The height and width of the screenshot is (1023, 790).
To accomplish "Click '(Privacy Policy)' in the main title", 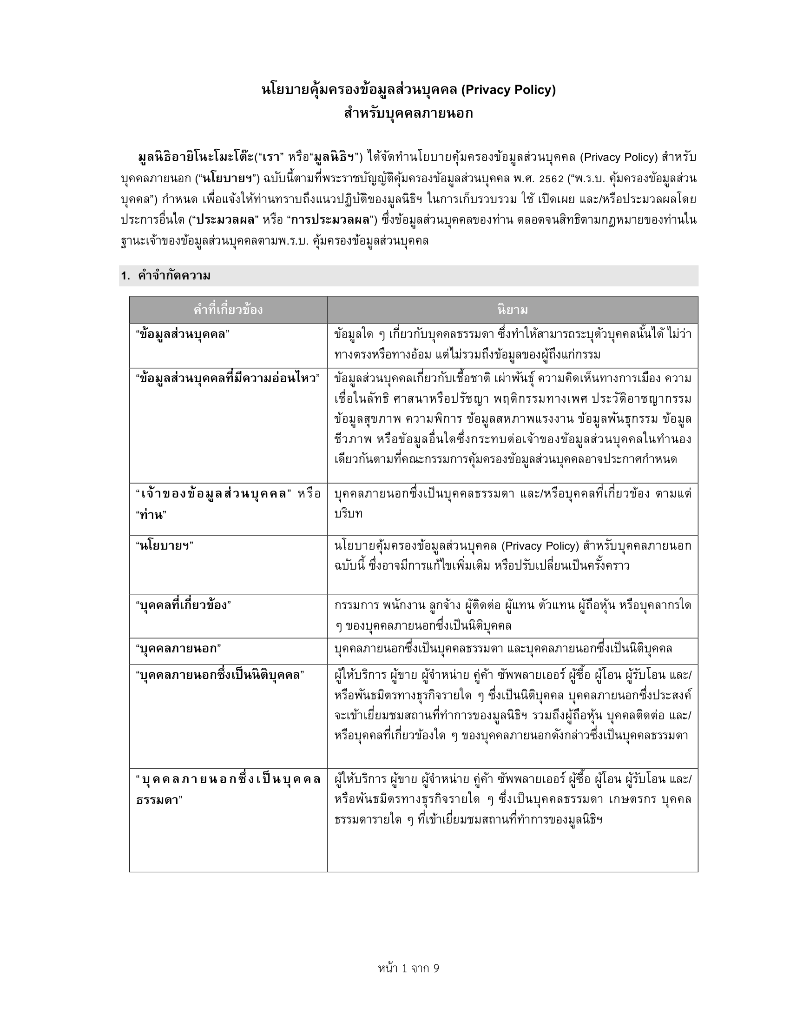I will click(508, 89).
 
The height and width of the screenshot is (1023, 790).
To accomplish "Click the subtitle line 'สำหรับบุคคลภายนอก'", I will click(408, 113).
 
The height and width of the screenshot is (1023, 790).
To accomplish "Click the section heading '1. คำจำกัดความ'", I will click(166, 276).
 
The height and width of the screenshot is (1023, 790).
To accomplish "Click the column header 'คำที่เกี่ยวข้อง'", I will click(228, 310).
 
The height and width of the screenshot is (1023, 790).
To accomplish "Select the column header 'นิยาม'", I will click(513, 310).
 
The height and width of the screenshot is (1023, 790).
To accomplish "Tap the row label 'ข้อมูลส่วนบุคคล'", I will click(183, 334).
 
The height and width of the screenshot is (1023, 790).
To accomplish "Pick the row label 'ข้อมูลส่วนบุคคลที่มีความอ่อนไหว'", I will click(228, 378).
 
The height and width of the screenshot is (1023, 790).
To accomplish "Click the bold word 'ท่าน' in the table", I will click(151, 515).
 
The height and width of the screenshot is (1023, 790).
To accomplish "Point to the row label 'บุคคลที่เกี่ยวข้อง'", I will click(183, 605).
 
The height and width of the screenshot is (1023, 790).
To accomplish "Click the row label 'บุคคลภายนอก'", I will click(178, 649).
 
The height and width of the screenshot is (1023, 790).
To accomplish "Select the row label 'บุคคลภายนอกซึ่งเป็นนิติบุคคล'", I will click(220, 676).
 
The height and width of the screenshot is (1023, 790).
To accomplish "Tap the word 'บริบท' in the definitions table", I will click(349, 513).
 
